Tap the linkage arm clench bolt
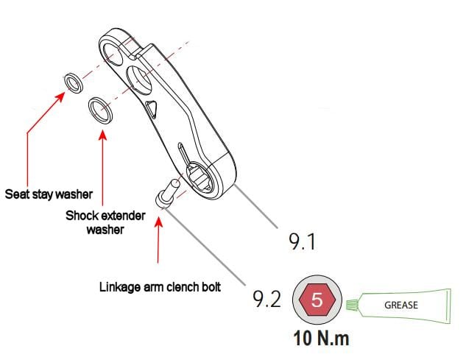[167, 192]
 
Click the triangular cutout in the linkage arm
[152, 108]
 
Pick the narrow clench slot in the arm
[183, 153]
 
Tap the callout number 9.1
[302, 241]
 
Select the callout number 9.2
[266, 299]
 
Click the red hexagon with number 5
[317, 300]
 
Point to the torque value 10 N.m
[321, 338]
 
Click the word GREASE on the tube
[401, 305]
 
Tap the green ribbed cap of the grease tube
[352, 306]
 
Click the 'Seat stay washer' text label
[49, 194]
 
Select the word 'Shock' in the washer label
[82, 216]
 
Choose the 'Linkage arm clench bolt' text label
[160, 287]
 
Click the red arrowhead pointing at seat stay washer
[60, 96]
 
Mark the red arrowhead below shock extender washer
[102, 135]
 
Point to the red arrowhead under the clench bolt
[159, 222]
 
